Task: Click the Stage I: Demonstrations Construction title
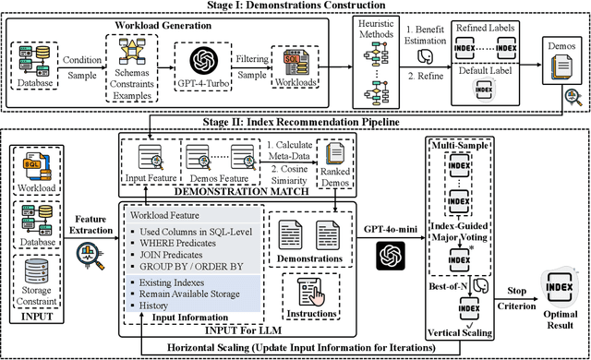(295, 6)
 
